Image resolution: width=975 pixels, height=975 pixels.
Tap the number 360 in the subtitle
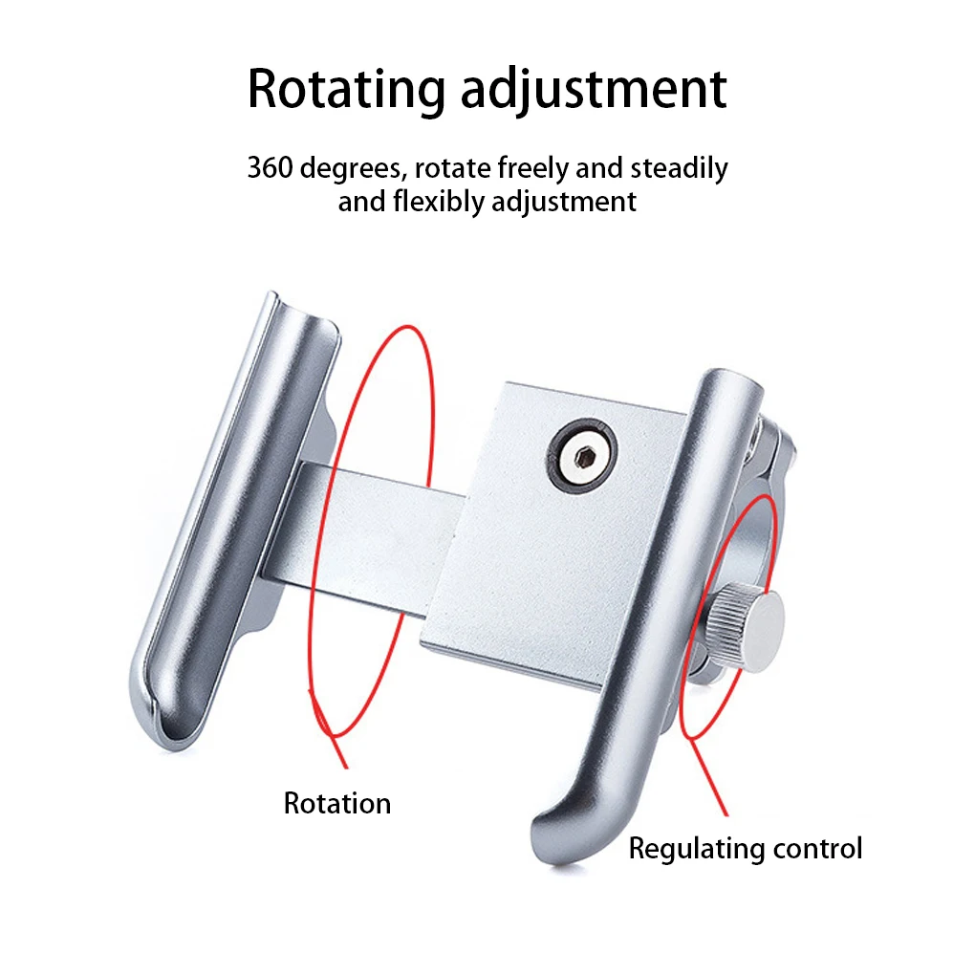pos(269,168)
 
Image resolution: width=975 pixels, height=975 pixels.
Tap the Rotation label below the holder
pos(337,803)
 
